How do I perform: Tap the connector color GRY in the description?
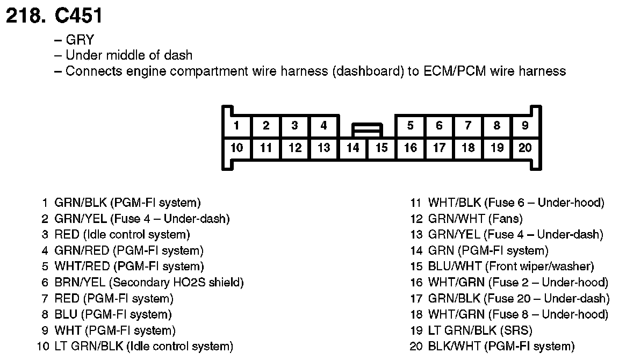tap(80, 40)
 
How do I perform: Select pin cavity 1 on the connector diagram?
tap(237, 126)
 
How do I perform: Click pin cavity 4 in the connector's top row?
tap(323, 126)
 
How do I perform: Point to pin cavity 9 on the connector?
tap(525, 126)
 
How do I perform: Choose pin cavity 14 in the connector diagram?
tap(352, 148)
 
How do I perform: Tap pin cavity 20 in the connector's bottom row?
tap(525, 148)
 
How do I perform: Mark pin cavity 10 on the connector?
tap(237, 148)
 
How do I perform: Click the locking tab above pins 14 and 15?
tap(367, 129)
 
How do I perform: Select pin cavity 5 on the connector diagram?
tap(410, 126)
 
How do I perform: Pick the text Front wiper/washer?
tap(539, 267)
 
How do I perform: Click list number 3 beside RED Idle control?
tap(45, 235)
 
